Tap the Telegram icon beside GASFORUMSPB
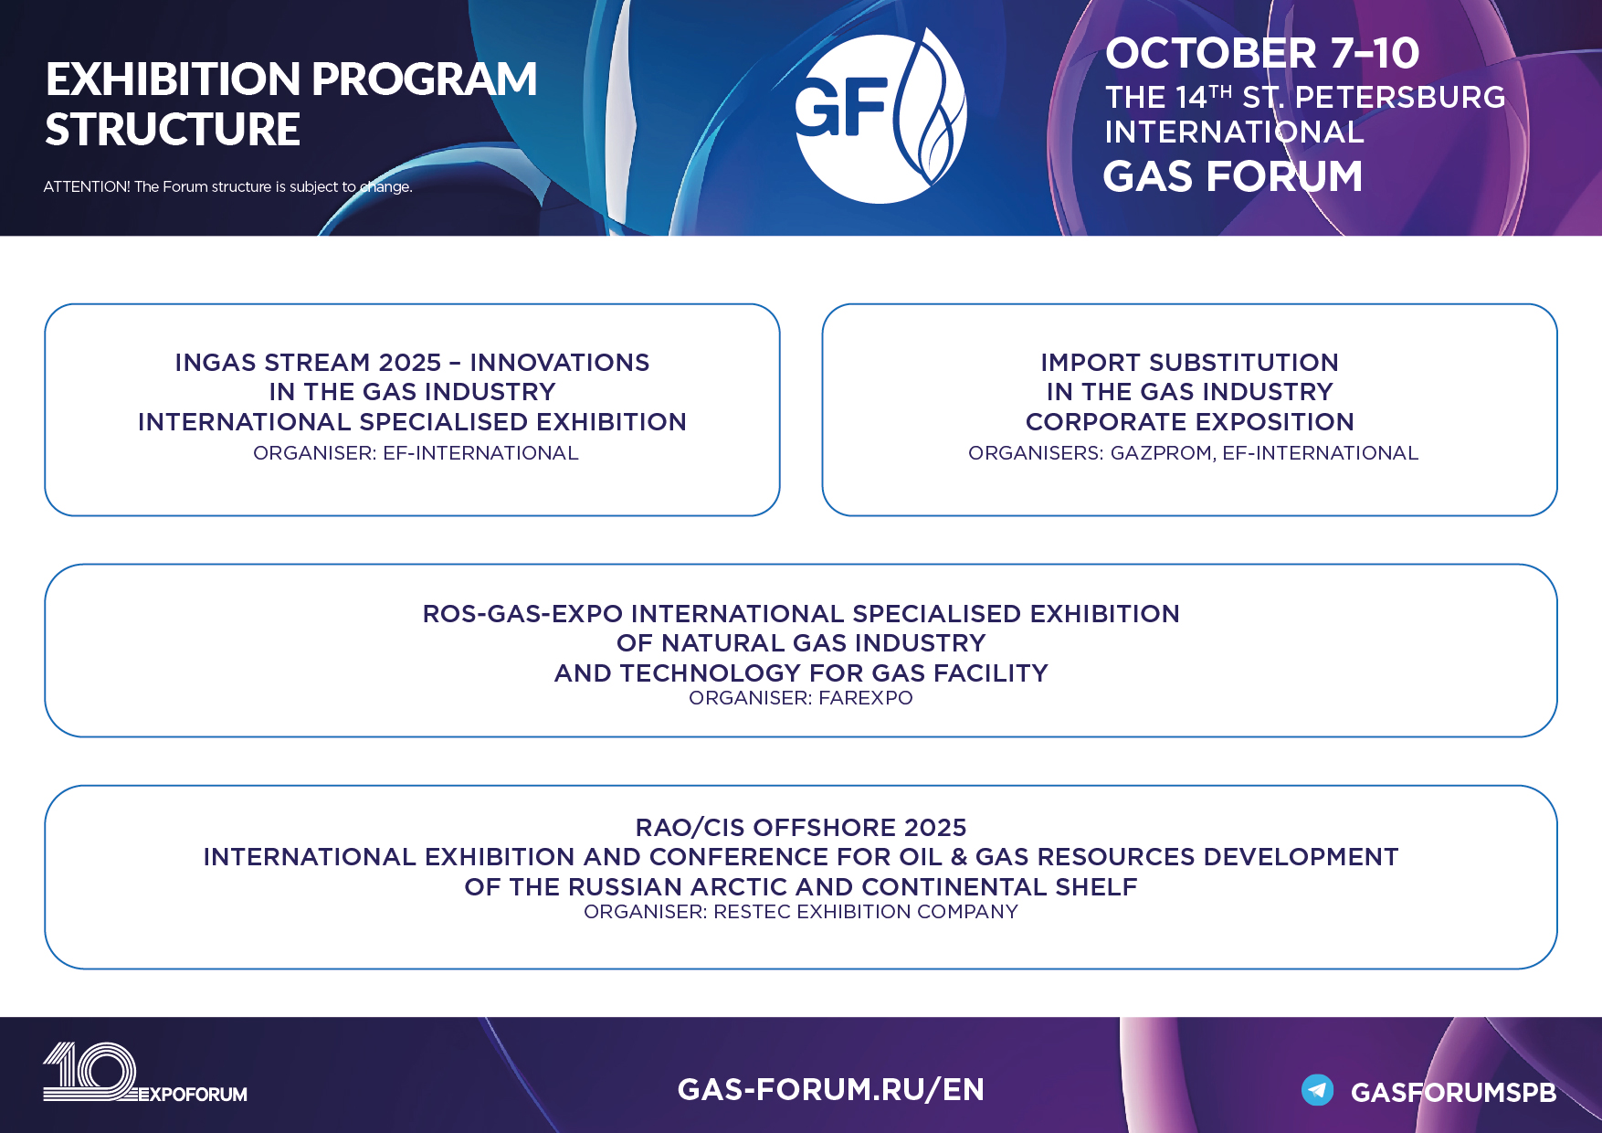(1317, 1090)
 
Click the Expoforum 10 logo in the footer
(144, 1073)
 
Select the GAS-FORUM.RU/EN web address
(830, 1089)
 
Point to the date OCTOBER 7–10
(1262, 53)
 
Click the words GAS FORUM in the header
(1232, 176)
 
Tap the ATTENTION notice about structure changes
(227, 186)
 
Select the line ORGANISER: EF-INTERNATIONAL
(416, 453)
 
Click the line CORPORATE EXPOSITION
(1189, 422)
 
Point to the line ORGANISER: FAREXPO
(800, 698)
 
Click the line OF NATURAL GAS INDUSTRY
(801, 643)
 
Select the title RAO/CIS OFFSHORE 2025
(801, 828)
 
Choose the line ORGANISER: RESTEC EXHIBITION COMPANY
(800, 912)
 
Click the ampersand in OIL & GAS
(958, 857)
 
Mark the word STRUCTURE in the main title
(173, 130)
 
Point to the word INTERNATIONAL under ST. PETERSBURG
(1234, 132)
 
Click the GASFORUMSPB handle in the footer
(1453, 1093)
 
